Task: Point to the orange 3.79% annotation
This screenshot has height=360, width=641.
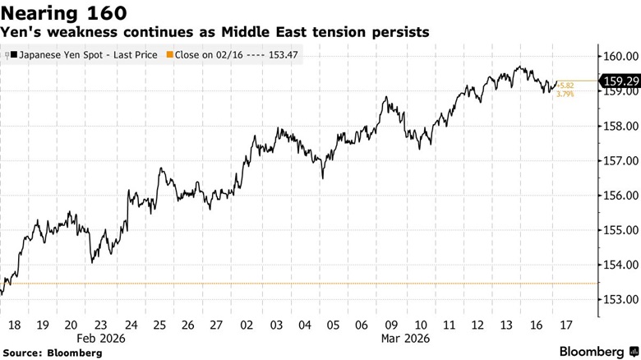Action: (x=565, y=95)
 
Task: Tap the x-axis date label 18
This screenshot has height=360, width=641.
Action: (x=14, y=325)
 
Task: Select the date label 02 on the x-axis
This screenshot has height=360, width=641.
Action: (x=246, y=325)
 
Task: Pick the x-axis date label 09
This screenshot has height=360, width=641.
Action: (x=391, y=325)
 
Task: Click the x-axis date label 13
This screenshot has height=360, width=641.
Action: (x=507, y=325)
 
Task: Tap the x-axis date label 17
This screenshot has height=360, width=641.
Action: (x=565, y=325)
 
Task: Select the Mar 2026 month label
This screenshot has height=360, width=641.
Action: (x=404, y=338)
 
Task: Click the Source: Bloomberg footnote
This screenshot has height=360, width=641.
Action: (x=57, y=353)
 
